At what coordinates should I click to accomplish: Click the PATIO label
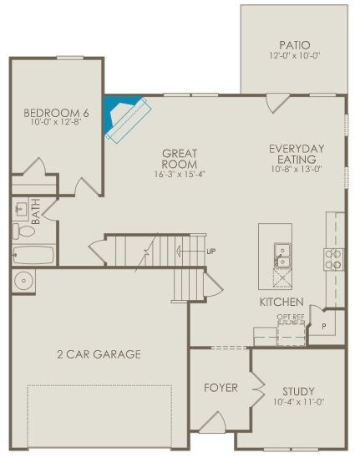tap(295, 45)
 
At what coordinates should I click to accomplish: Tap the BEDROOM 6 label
tap(56, 113)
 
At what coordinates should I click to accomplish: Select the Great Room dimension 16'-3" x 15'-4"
tap(180, 174)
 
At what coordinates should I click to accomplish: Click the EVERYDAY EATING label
tap(297, 154)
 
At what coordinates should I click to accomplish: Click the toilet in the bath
tap(24, 231)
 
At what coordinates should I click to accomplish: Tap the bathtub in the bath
tap(34, 255)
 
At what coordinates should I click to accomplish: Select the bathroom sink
tap(22, 209)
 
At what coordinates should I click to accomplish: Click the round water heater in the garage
tap(24, 281)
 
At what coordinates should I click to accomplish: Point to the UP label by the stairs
tap(211, 252)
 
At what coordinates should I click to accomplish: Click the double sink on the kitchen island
tap(282, 255)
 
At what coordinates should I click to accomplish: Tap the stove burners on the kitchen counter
tap(333, 259)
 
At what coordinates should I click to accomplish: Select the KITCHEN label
tap(281, 302)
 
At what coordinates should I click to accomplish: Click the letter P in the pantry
tap(324, 326)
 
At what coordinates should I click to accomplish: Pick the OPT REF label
tap(291, 317)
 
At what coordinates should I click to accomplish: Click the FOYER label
tap(221, 388)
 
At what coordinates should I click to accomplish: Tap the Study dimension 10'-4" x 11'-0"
tap(299, 402)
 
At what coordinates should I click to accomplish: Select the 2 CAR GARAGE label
tap(99, 354)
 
